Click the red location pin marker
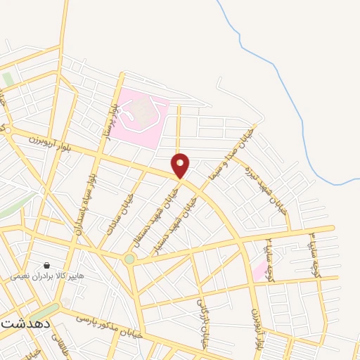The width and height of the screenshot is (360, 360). tap(181, 165)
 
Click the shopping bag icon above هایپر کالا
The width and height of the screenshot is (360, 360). tap(46, 266)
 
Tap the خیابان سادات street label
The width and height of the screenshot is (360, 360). tap(120, 214)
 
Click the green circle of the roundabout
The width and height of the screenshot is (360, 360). tap(129, 259)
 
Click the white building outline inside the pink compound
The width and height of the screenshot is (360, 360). tap(145, 112)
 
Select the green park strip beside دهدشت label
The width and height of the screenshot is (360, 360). tap(46, 310)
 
